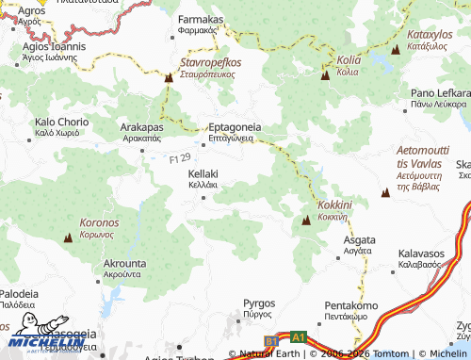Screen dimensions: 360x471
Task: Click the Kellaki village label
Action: click(203, 174)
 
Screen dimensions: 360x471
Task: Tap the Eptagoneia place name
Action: click(234, 125)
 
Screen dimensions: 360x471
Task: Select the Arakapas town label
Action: click(142, 126)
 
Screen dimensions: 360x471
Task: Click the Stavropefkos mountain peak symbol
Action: click(169, 79)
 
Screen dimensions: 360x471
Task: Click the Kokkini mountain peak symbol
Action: click(306, 221)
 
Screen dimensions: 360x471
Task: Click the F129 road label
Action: click(180, 160)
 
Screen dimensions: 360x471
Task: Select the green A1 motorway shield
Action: click(298, 336)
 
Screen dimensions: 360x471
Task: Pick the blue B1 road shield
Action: click(271, 339)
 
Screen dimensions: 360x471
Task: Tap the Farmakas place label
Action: click(200, 19)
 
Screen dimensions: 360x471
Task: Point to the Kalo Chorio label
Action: click(61, 123)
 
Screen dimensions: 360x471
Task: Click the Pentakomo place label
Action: click(350, 306)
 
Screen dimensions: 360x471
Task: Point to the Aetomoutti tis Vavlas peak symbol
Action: click(385, 193)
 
